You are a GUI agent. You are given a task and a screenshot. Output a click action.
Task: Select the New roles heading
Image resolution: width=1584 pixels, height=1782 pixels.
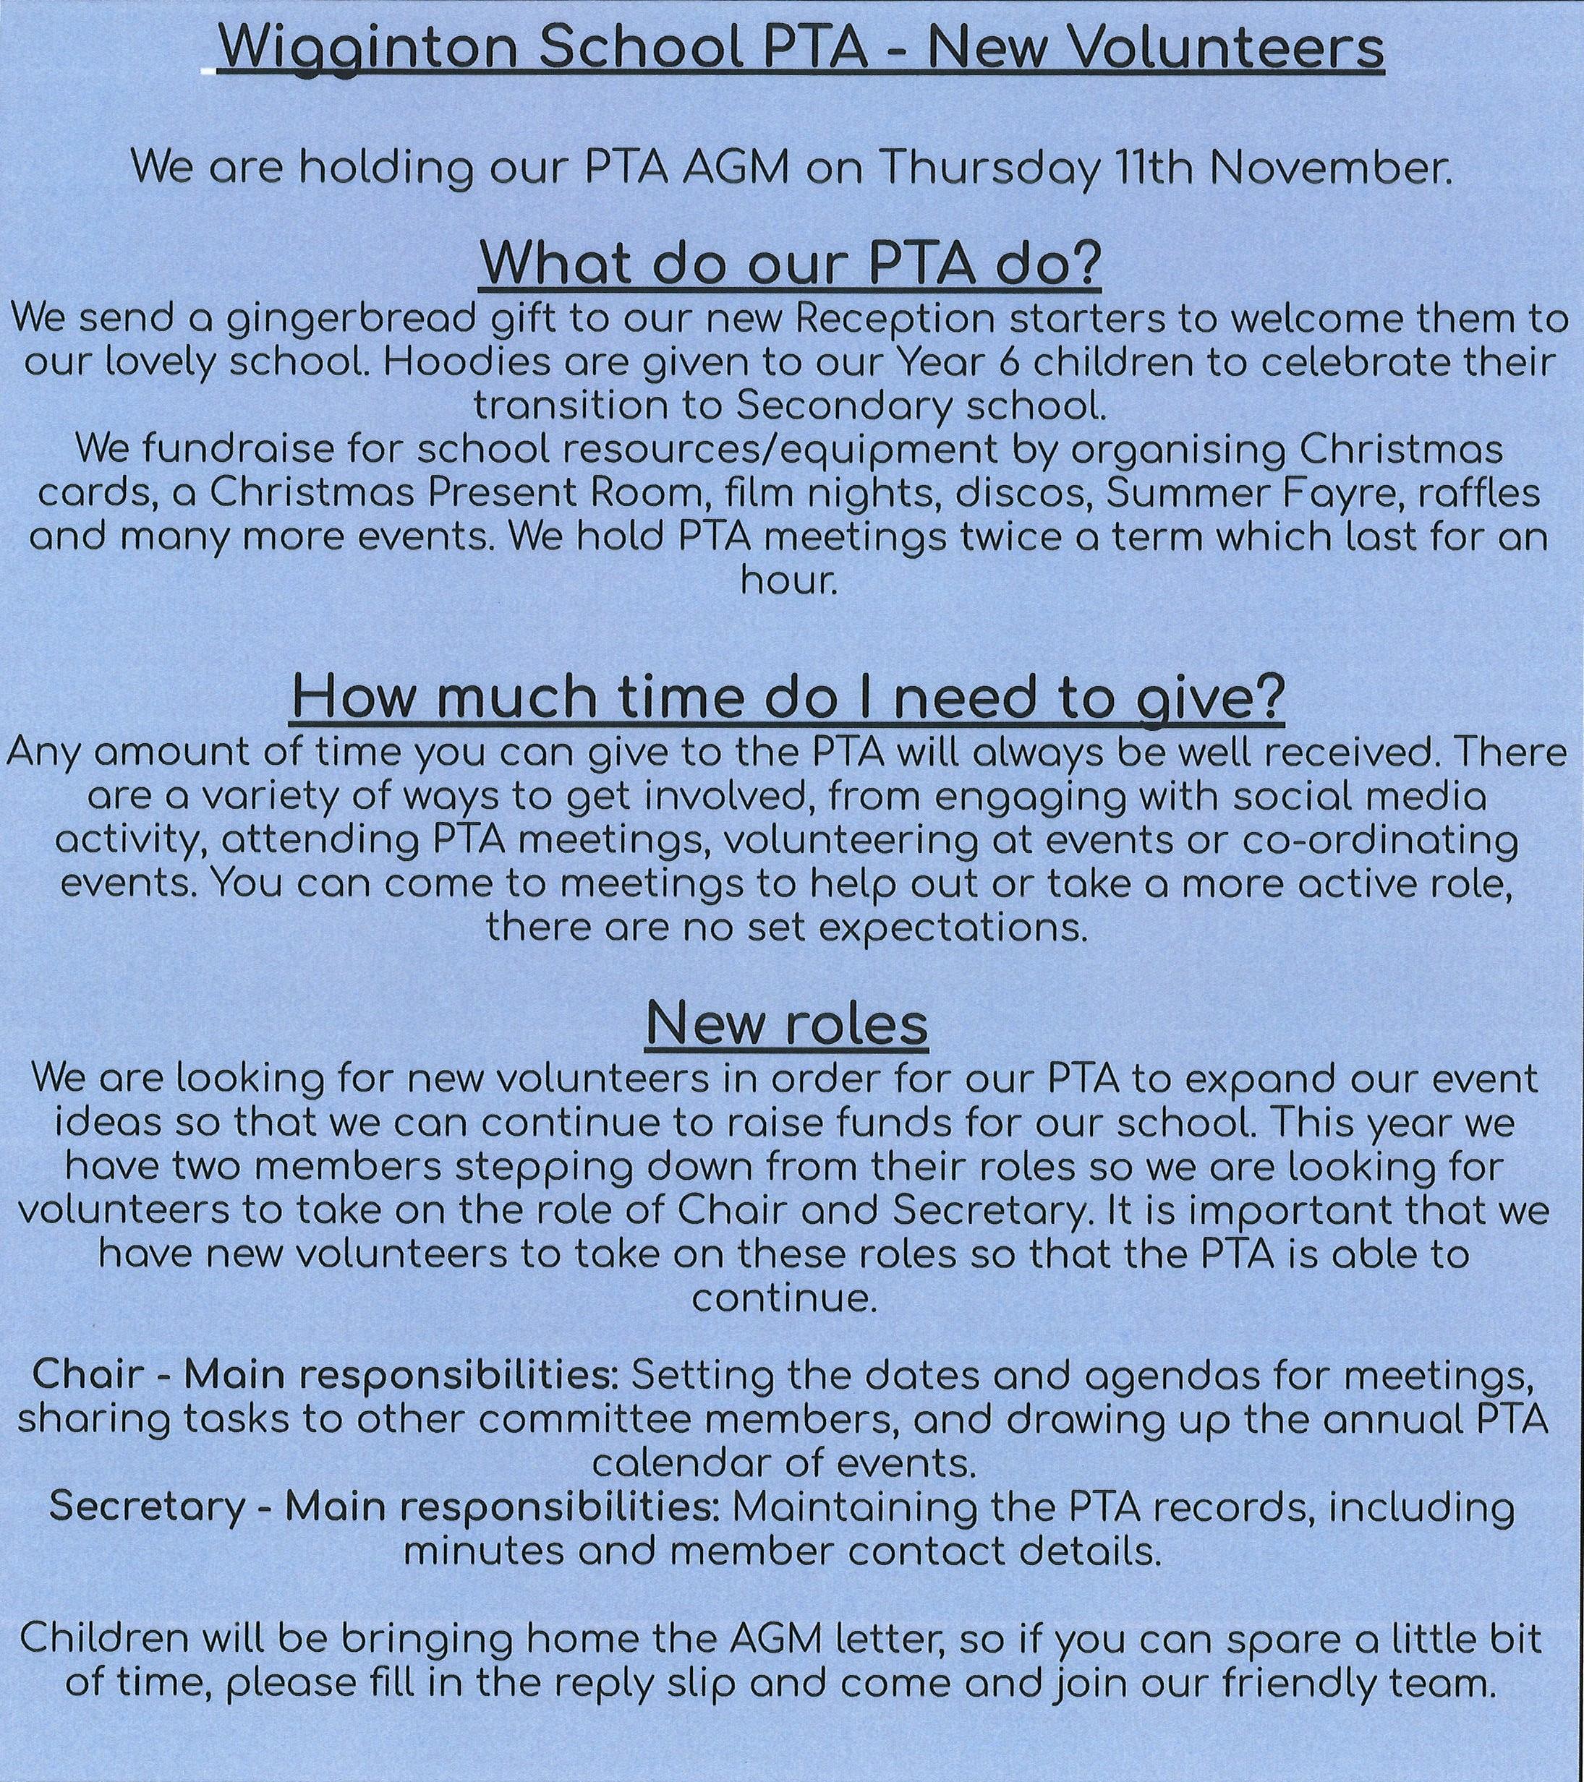(788, 1025)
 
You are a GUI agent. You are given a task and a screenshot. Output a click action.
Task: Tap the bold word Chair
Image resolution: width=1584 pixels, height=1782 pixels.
(90, 1375)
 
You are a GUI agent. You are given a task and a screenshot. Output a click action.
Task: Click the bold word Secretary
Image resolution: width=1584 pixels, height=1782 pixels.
(148, 1506)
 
